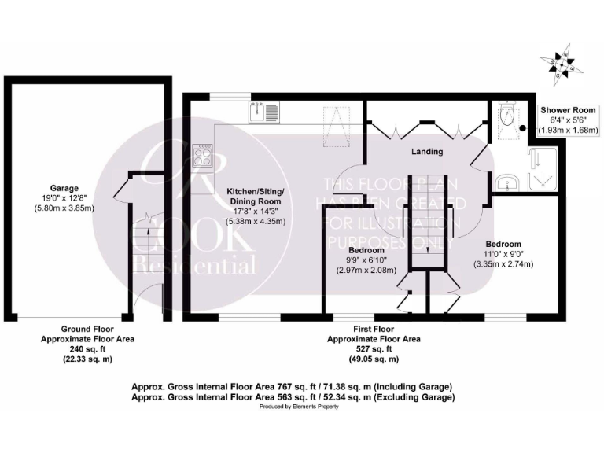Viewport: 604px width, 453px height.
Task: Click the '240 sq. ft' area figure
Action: [87, 349]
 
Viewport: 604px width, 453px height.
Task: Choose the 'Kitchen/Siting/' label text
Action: [256, 192]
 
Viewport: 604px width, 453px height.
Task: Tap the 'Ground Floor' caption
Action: [87, 329]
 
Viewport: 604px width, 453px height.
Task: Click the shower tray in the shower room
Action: [543, 169]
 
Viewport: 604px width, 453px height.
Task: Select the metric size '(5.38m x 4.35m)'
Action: [256, 222]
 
